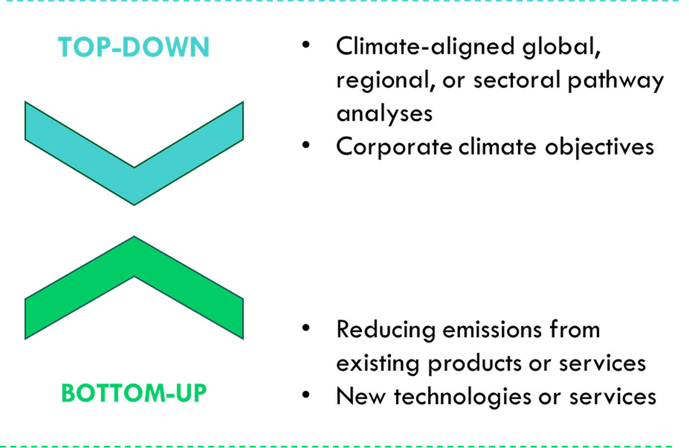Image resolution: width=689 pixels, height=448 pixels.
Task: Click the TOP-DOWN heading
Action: (x=134, y=47)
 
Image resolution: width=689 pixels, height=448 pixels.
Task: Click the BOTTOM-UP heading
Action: (x=134, y=393)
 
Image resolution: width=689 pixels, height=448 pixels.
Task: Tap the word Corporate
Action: (x=394, y=147)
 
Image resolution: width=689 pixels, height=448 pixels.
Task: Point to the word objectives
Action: (x=599, y=147)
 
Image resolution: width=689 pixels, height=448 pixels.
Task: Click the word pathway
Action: (x=615, y=81)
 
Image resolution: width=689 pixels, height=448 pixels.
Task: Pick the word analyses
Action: (x=384, y=114)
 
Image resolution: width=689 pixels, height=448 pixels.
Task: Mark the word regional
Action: (x=386, y=81)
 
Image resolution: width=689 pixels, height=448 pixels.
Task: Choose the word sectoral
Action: (x=517, y=80)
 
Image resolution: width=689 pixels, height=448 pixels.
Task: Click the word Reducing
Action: (x=386, y=330)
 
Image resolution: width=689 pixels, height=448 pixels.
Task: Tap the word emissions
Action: (x=492, y=330)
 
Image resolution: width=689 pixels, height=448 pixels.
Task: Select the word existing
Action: (x=378, y=364)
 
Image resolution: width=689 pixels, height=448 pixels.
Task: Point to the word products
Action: (x=474, y=364)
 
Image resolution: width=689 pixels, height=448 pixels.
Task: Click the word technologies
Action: (x=462, y=397)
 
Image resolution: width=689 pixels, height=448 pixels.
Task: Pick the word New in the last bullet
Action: (x=361, y=396)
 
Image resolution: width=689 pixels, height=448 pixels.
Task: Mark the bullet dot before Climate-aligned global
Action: (x=306, y=45)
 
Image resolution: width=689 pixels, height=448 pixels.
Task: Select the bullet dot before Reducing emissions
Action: (x=306, y=328)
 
